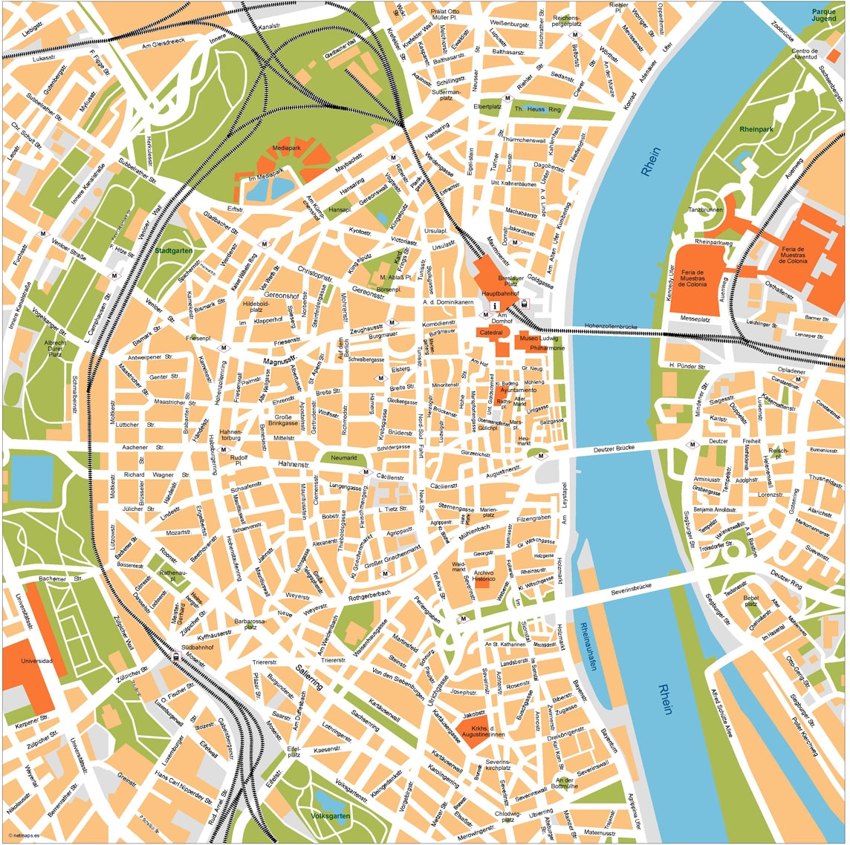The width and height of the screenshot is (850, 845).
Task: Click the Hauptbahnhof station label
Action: pos(499,294)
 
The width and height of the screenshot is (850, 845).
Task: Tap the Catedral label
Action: pos(490,333)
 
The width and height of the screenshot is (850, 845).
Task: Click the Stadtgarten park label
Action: pos(175,251)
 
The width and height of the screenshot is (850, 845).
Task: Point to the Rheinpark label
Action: pos(756,129)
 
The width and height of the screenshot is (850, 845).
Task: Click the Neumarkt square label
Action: pos(344,457)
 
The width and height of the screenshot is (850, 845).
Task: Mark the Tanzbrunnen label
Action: pos(705,211)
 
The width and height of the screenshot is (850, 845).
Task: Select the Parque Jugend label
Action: pos(823,16)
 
